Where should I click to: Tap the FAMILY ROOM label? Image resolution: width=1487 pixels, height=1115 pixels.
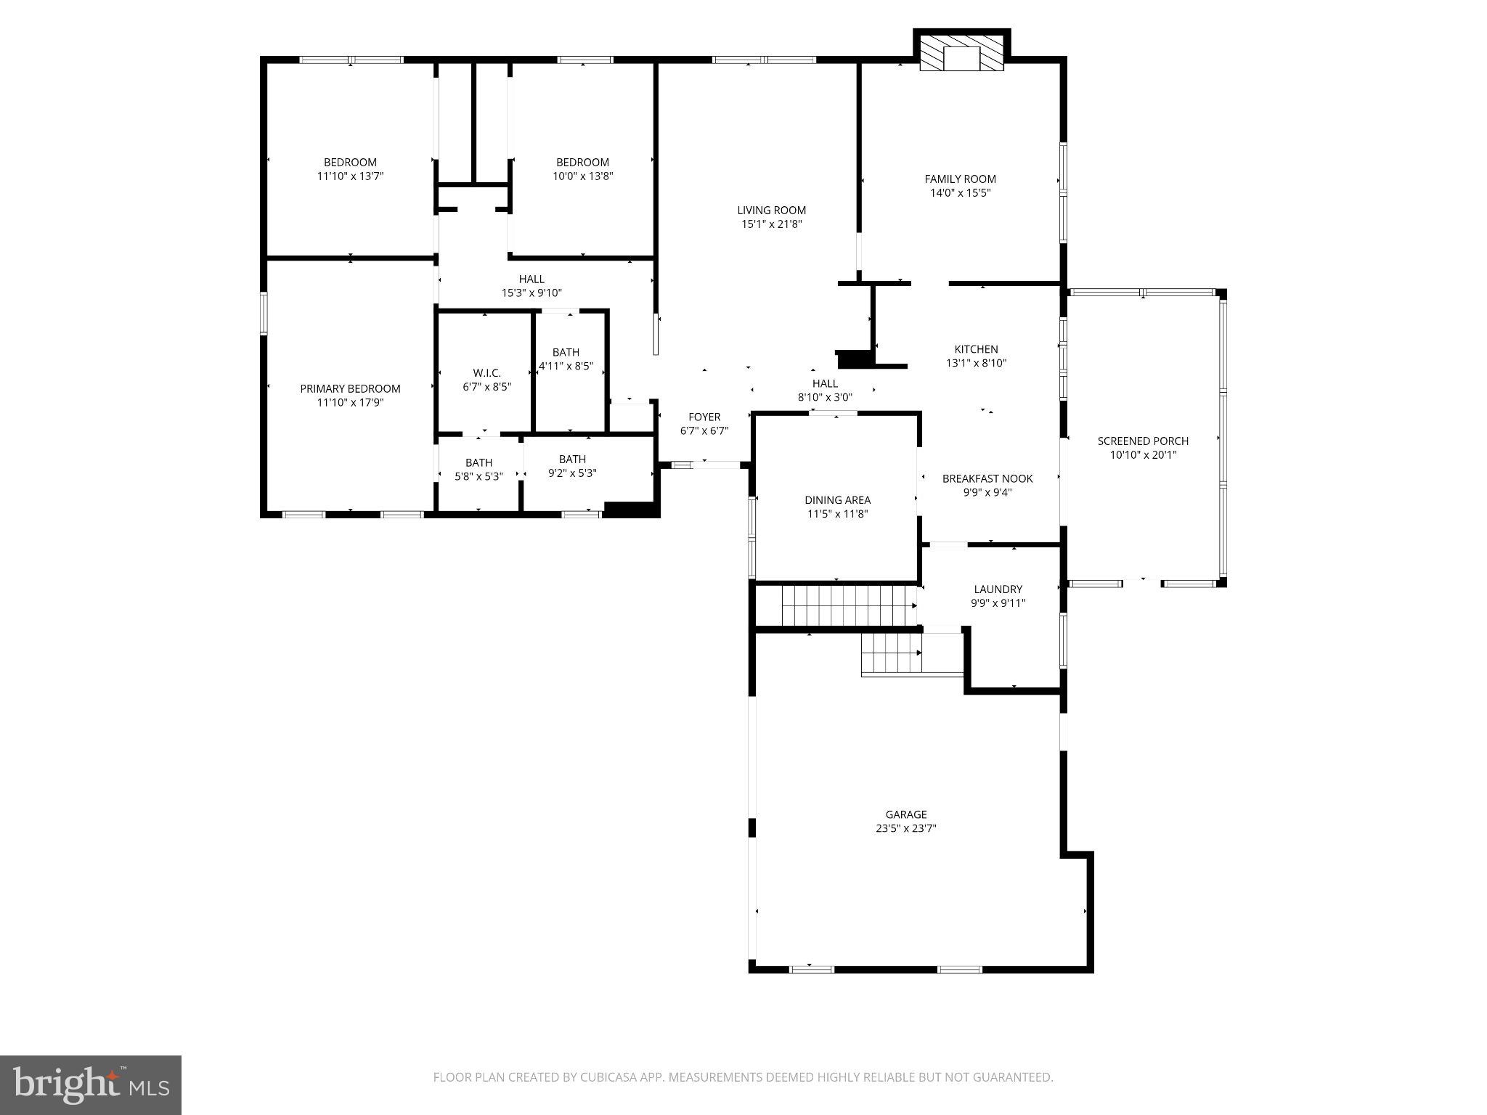960,179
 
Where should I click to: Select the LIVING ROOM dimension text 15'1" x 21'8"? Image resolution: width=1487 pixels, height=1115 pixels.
771,224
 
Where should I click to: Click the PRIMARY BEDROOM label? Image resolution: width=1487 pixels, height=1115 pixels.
350,389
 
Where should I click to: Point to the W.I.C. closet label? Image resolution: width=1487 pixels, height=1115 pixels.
486,373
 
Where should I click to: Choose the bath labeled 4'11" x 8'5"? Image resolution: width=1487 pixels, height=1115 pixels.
566,359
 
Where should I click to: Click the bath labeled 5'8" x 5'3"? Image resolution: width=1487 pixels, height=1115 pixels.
478,470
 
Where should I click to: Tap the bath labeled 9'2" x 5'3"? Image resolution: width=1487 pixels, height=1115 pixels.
572,466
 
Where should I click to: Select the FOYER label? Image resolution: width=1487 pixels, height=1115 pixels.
704,417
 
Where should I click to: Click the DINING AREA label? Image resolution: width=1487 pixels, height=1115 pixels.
837,500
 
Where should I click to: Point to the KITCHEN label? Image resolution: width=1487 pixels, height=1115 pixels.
976,350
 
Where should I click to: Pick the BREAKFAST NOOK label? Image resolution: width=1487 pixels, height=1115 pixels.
987,479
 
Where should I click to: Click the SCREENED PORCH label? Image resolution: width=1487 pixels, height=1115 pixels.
1143,441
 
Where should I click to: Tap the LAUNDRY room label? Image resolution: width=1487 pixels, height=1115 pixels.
998,589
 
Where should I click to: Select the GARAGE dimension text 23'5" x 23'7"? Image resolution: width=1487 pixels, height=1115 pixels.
905,828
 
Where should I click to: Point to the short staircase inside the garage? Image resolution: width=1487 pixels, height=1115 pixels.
890,653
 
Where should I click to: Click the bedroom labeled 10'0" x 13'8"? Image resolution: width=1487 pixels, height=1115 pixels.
582,169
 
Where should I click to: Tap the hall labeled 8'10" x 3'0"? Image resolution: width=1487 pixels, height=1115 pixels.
825,391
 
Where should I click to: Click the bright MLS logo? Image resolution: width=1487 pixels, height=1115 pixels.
91,1085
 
